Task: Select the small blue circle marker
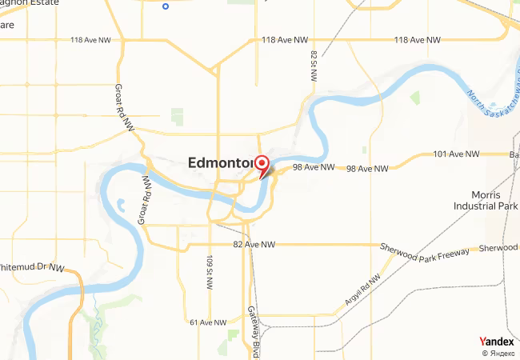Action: point(166,6)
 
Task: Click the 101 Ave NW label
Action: point(456,154)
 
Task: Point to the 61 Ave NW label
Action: point(209,322)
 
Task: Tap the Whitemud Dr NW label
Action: point(32,268)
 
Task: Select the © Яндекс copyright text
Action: point(498,353)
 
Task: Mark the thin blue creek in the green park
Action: point(95,308)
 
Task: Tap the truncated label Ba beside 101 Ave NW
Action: point(514,154)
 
